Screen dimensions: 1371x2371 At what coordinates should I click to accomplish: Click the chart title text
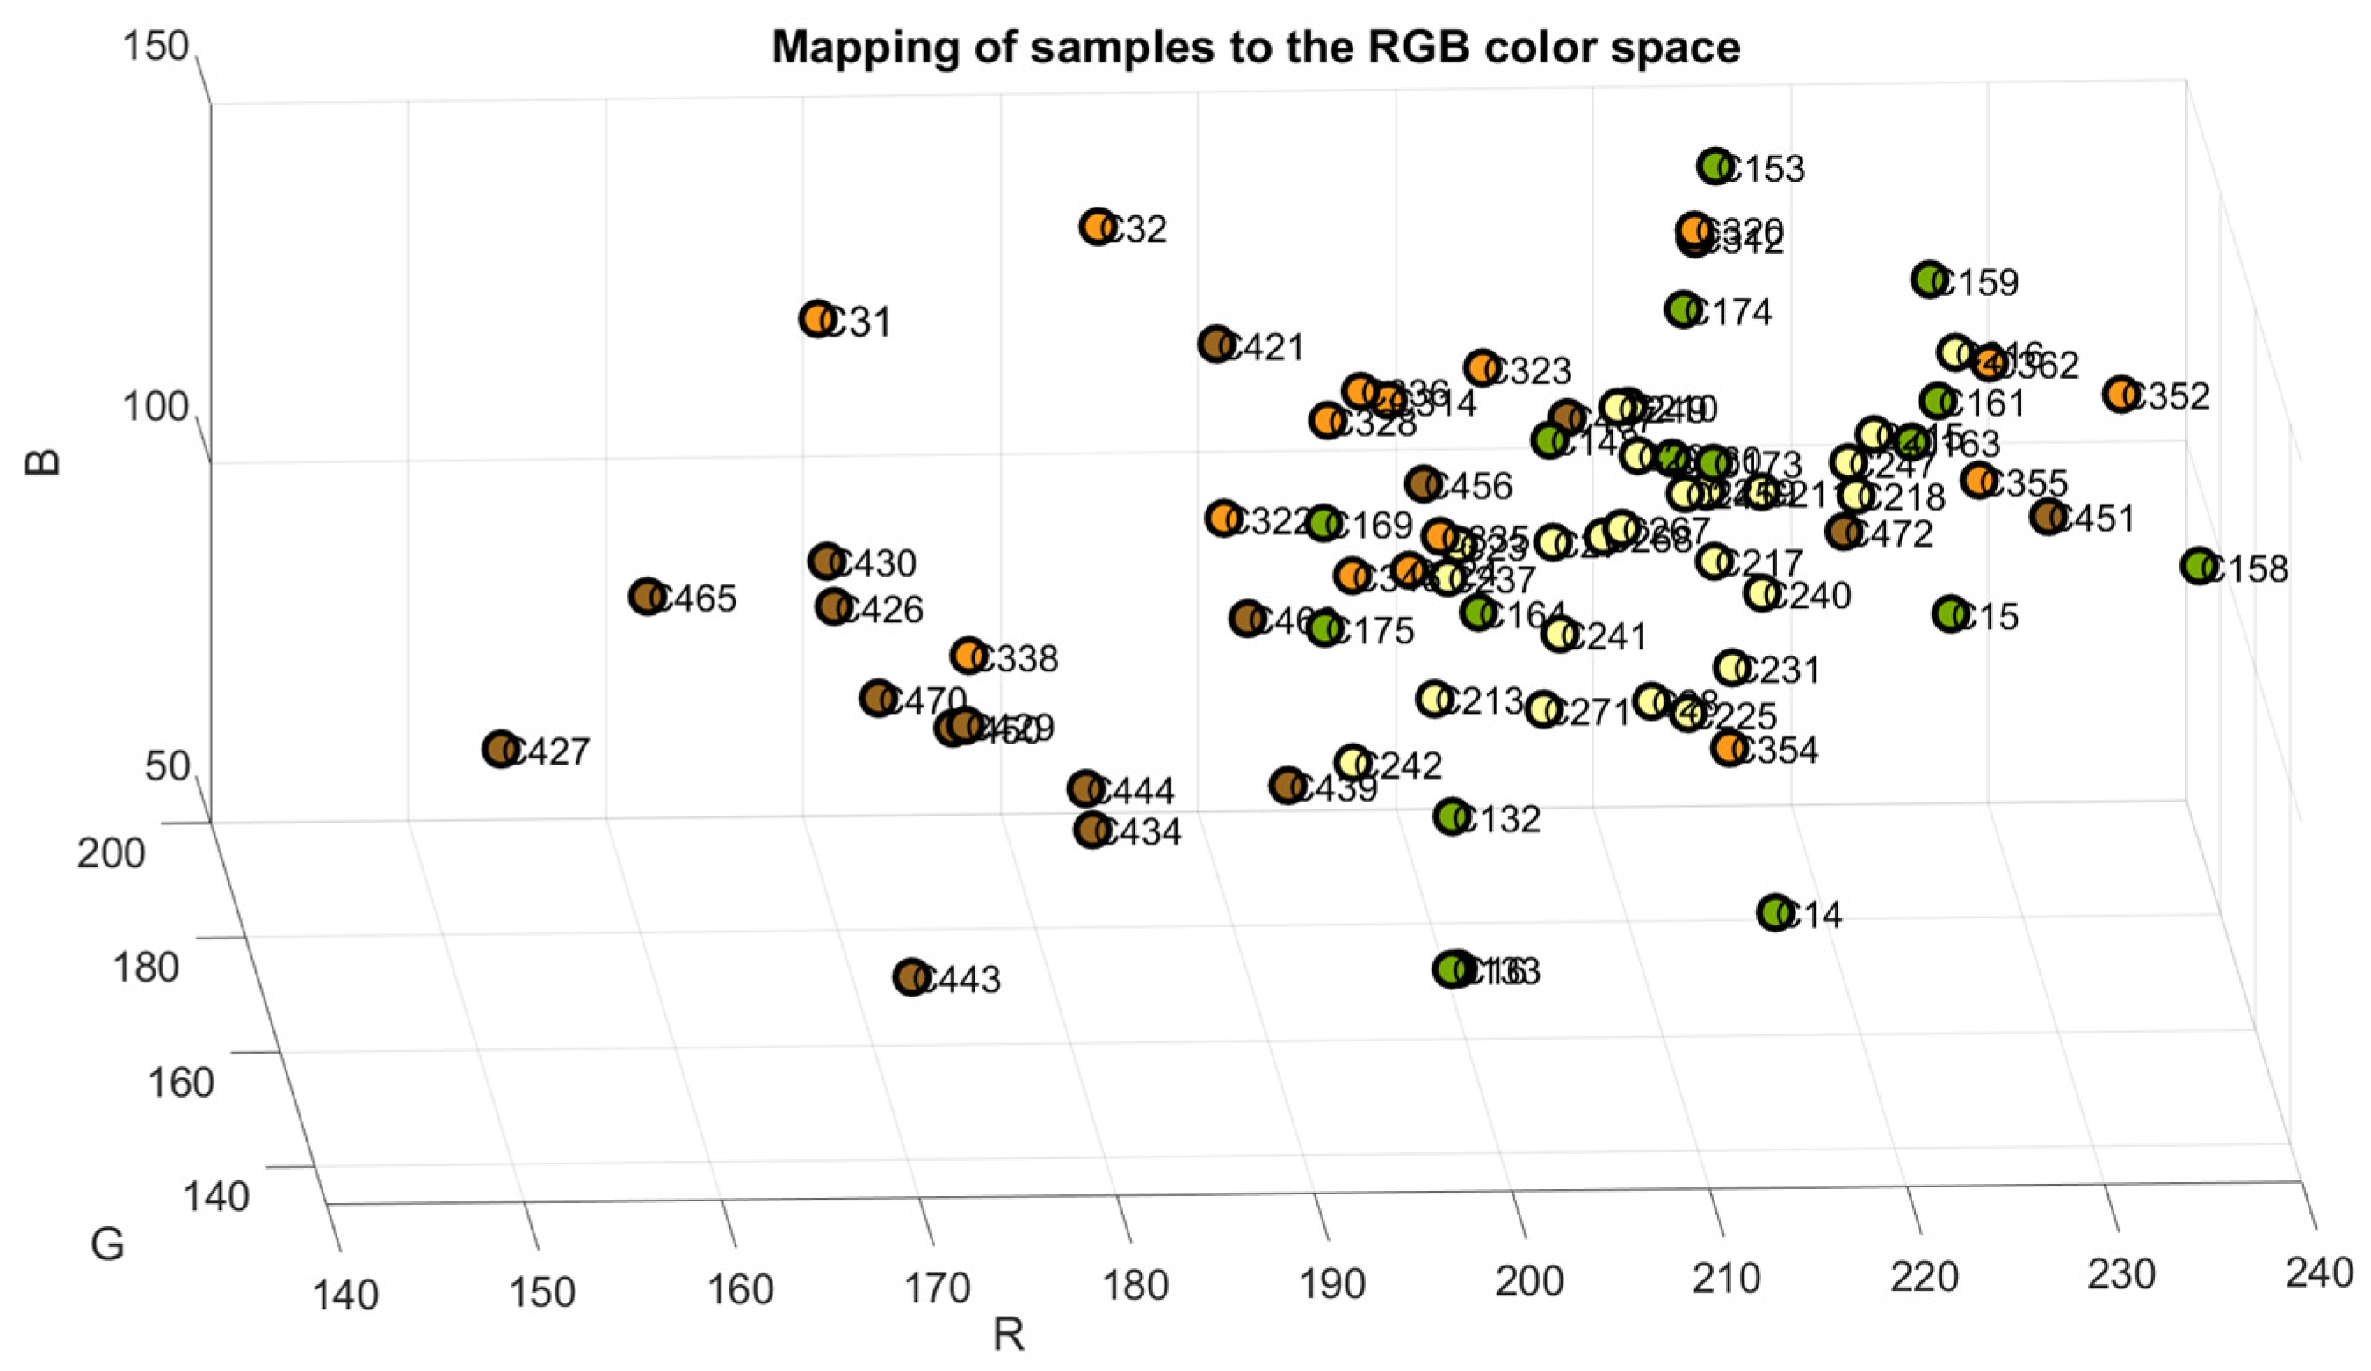click(x=1255, y=48)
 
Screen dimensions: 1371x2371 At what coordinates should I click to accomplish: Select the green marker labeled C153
click(x=1716, y=165)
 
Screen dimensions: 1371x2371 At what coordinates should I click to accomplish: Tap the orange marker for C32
click(x=1097, y=227)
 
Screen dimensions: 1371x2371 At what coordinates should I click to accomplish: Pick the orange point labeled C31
click(x=817, y=319)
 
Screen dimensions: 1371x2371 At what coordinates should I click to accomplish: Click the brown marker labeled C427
click(x=501, y=749)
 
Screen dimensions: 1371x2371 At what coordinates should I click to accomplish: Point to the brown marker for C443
click(x=910, y=977)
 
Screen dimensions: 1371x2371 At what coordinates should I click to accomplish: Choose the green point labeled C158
click(x=2198, y=565)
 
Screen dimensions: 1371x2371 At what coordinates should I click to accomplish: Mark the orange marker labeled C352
click(x=2121, y=395)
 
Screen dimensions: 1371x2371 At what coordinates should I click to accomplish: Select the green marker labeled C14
click(x=1774, y=912)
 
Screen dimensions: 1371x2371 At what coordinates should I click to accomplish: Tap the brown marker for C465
click(x=647, y=597)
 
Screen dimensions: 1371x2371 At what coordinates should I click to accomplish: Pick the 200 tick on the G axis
click(x=111, y=854)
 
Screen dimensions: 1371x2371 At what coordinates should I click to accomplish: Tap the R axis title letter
click(x=1008, y=1335)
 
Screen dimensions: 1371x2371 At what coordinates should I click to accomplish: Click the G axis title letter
click(x=107, y=1245)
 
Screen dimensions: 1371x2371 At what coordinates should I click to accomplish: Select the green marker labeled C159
click(x=1930, y=279)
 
